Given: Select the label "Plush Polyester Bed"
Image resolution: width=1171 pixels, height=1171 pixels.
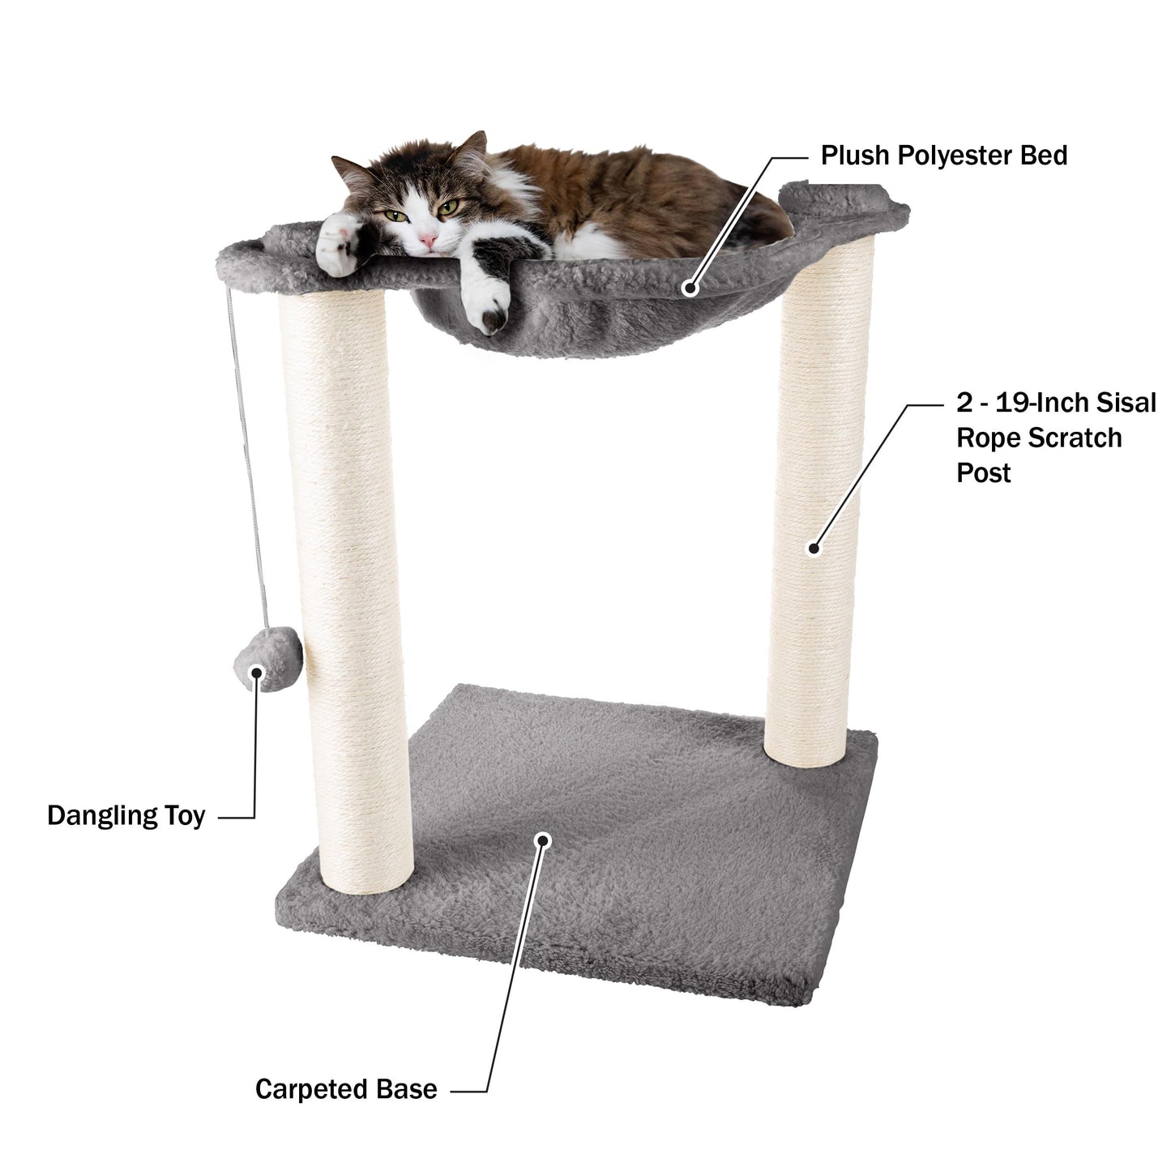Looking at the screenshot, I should [944, 155].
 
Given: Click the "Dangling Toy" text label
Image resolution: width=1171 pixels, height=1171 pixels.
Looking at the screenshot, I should [126, 815].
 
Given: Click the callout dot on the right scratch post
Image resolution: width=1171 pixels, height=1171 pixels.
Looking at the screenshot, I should [814, 548].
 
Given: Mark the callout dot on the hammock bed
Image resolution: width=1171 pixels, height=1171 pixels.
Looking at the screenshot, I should [690, 287].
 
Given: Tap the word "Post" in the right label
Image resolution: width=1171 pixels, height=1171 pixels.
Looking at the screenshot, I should [984, 472].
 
